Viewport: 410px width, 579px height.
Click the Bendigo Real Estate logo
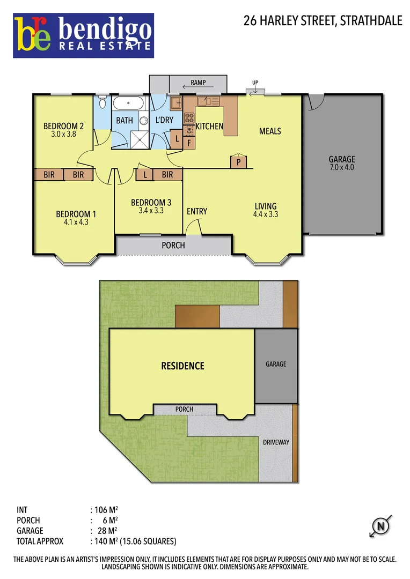pyautogui.click(x=84, y=35)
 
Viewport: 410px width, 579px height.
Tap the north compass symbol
pyautogui.click(x=381, y=526)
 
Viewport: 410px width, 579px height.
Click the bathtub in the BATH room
pyautogui.click(x=128, y=104)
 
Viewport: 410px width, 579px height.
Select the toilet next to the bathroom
pyautogui.click(x=102, y=104)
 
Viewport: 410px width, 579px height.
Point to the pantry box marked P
pyautogui.click(x=237, y=161)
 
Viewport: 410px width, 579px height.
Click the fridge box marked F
pyautogui.click(x=189, y=143)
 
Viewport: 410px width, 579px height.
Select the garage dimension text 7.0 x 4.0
pyautogui.click(x=342, y=167)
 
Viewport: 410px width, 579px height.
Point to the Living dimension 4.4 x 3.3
pyautogui.click(x=265, y=214)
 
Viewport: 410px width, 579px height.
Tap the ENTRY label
pyautogui.click(x=197, y=211)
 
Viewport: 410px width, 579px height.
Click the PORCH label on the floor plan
pyautogui.click(x=173, y=246)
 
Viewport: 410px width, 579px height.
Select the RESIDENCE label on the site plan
pyautogui.click(x=182, y=366)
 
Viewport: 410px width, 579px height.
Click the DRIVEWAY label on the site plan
pyautogui.click(x=276, y=442)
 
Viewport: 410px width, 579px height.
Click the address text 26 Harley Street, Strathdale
pyautogui.click(x=323, y=21)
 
